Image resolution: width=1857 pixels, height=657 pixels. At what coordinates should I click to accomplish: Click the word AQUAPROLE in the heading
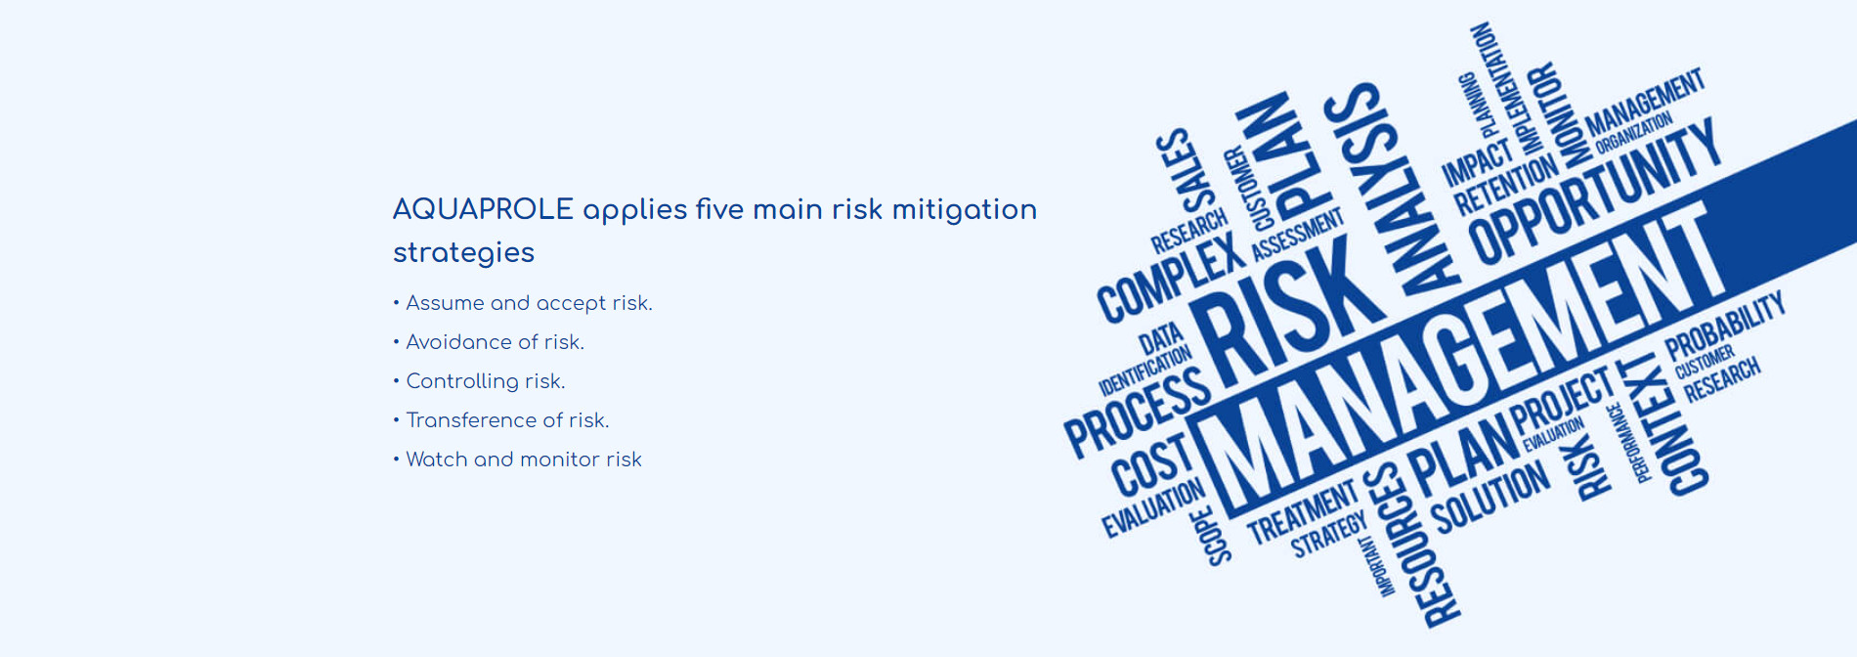coord(483,209)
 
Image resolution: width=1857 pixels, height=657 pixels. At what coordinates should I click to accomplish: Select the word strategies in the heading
coord(463,252)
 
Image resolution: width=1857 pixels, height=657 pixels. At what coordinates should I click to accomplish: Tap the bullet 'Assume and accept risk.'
coord(523,303)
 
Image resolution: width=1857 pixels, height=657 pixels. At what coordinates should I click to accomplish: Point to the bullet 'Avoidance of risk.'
coord(489,342)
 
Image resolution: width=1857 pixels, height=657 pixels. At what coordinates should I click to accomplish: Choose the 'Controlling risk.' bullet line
coord(479,381)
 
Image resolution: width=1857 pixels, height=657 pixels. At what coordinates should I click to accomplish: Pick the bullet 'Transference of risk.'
coord(501,420)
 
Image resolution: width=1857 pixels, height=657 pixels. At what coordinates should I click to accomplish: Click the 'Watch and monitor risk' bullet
coord(518,460)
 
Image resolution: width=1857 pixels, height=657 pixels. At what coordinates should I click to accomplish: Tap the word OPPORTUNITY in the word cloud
coord(1592,192)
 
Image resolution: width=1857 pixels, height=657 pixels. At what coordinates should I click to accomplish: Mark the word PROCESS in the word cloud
coord(1137,412)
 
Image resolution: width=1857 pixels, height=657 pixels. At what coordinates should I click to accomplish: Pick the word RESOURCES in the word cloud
coord(1413,544)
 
